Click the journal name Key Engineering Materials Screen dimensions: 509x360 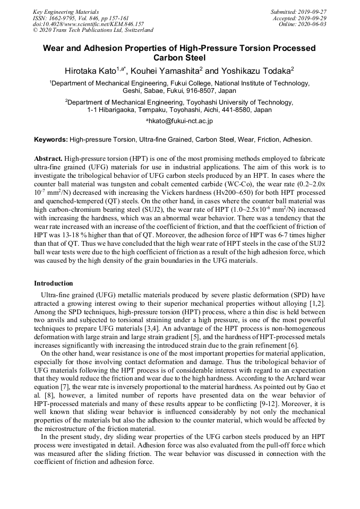coord(65,11)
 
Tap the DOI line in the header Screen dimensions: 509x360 coord(88,24)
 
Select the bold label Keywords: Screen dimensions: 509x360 coord(51,140)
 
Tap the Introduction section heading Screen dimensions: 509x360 coord(54,283)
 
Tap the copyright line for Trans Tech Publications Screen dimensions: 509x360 coord(93,30)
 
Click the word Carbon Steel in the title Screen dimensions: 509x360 coord(179,57)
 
